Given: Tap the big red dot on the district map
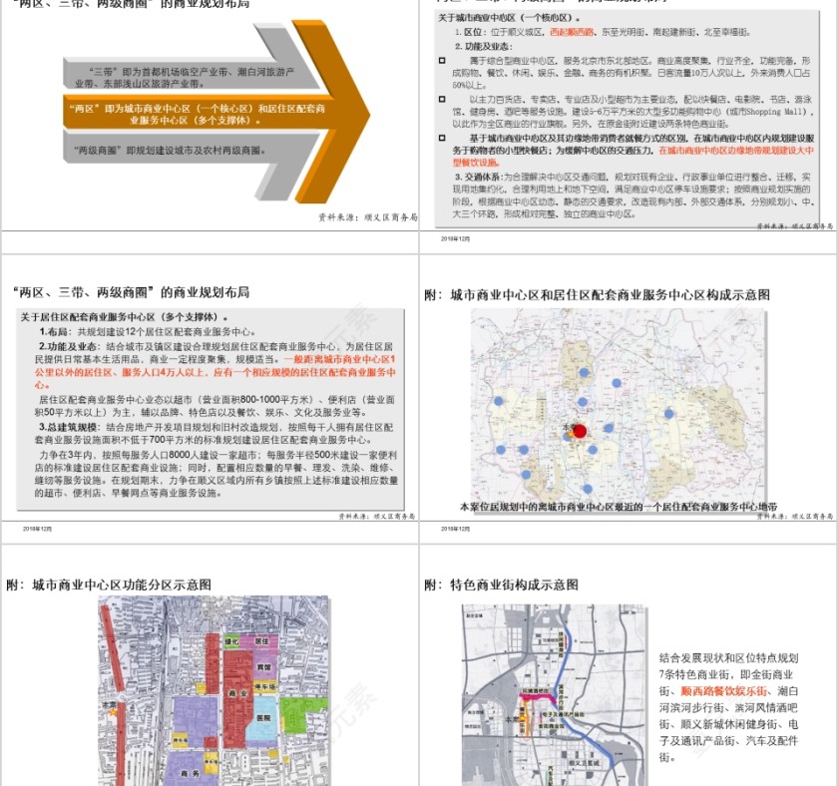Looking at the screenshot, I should click(580, 431).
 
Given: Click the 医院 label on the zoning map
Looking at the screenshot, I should click(262, 718).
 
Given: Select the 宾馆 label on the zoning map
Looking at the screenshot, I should click(263, 666).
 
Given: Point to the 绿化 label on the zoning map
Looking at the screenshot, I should click(231, 641).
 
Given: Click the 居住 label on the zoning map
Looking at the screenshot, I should click(261, 641).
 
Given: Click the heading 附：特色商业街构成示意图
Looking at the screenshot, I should click(501, 585).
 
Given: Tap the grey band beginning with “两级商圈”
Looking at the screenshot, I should click(170, 150).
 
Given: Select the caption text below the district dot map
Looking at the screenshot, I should click(618, 507).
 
